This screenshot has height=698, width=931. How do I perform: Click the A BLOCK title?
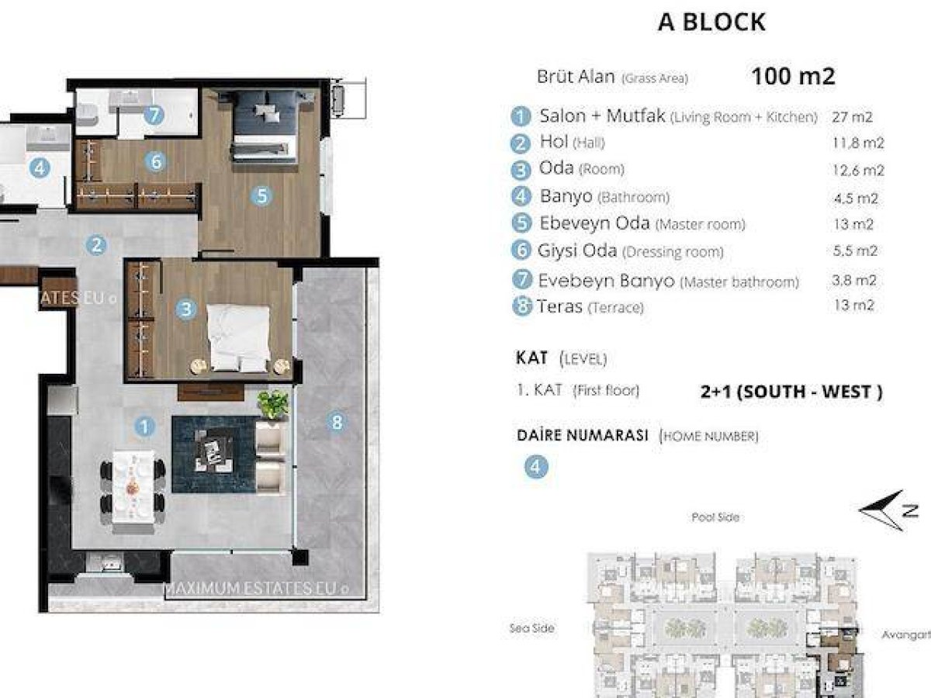tap(711, 22)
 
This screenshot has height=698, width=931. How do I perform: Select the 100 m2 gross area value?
tap(793, 76)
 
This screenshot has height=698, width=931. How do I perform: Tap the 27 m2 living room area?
tap(852, 117)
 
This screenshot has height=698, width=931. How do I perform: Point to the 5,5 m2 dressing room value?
tap(855, 251)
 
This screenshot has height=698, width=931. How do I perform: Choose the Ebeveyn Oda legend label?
tap(594, 223)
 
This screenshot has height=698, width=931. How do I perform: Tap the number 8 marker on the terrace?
tap(337, 422)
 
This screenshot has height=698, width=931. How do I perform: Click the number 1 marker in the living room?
tap(144, 427)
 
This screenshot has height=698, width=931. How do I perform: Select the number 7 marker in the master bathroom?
tap(154, 115)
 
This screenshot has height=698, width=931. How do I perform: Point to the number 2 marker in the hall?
tap(96, 245)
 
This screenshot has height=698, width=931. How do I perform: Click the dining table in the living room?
tap(133, 492)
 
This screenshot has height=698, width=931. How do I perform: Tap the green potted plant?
tap(274, 405)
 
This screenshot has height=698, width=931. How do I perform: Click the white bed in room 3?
tap(238, 338)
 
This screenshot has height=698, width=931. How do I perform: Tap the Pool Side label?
tap(715, 517)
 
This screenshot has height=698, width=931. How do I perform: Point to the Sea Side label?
tap(532, 628)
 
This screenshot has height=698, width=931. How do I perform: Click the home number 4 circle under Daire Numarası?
tap(536, 467)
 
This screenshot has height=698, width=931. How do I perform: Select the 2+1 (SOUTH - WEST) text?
tap(791, 392)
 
